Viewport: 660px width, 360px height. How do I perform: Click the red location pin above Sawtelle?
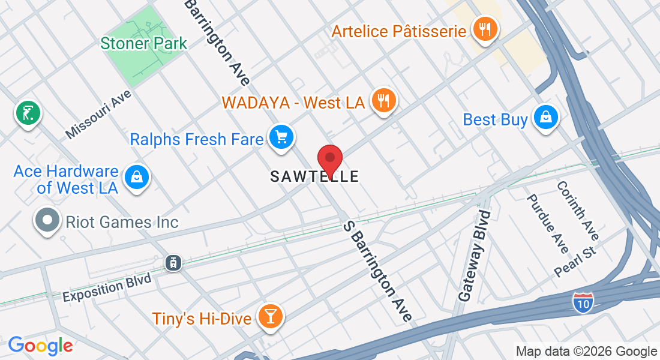pos(329,159)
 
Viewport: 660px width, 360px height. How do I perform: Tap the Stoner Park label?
pos(143,43)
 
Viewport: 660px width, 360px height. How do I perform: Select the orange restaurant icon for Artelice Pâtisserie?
pos(484,28)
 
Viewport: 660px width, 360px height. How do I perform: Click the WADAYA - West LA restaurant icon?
pos(382,100)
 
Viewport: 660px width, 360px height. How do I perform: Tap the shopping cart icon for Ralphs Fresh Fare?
pos(280,137)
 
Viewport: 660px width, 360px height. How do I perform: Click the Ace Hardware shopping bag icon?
pos(136,177)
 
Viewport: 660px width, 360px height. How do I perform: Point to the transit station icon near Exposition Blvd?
pos(173,262)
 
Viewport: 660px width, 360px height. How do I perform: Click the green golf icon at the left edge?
pos(28,112)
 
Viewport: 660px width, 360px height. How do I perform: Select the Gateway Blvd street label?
pos(475,255)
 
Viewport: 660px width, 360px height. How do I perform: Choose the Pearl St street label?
pos(577,260)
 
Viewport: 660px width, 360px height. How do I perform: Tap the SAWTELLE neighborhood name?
pos(314,176)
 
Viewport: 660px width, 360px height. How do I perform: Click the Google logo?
pos(40,345)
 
